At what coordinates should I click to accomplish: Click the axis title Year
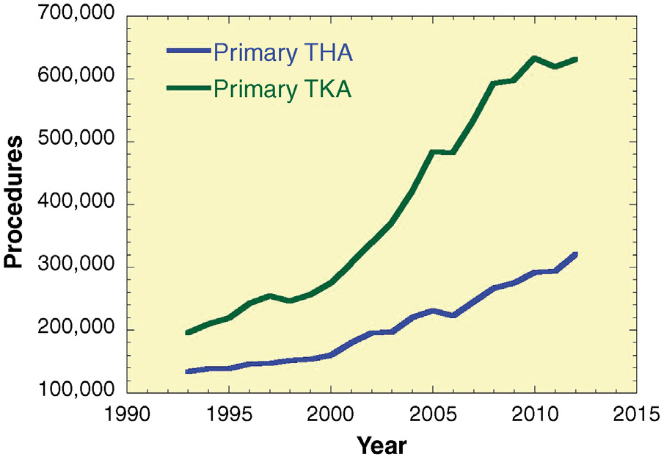(x=382, y=444)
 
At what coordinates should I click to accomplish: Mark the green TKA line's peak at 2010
(x=534, y=58)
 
